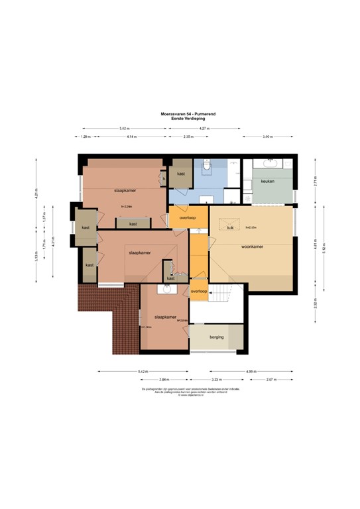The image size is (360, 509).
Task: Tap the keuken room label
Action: coord(268,180)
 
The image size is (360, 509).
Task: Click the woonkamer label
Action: coord(252,247)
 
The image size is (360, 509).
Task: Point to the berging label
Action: coord(216,337)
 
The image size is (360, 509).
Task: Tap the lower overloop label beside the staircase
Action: coord(200,292)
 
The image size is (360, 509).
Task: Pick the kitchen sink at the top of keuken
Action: coord(272,163)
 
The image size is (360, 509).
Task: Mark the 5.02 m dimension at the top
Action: coord(124,128)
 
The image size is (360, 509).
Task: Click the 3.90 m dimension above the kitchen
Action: coord(267,136)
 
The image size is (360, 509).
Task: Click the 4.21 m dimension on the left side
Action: coord(37,191)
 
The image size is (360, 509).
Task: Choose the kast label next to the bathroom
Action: coord(180,174)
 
